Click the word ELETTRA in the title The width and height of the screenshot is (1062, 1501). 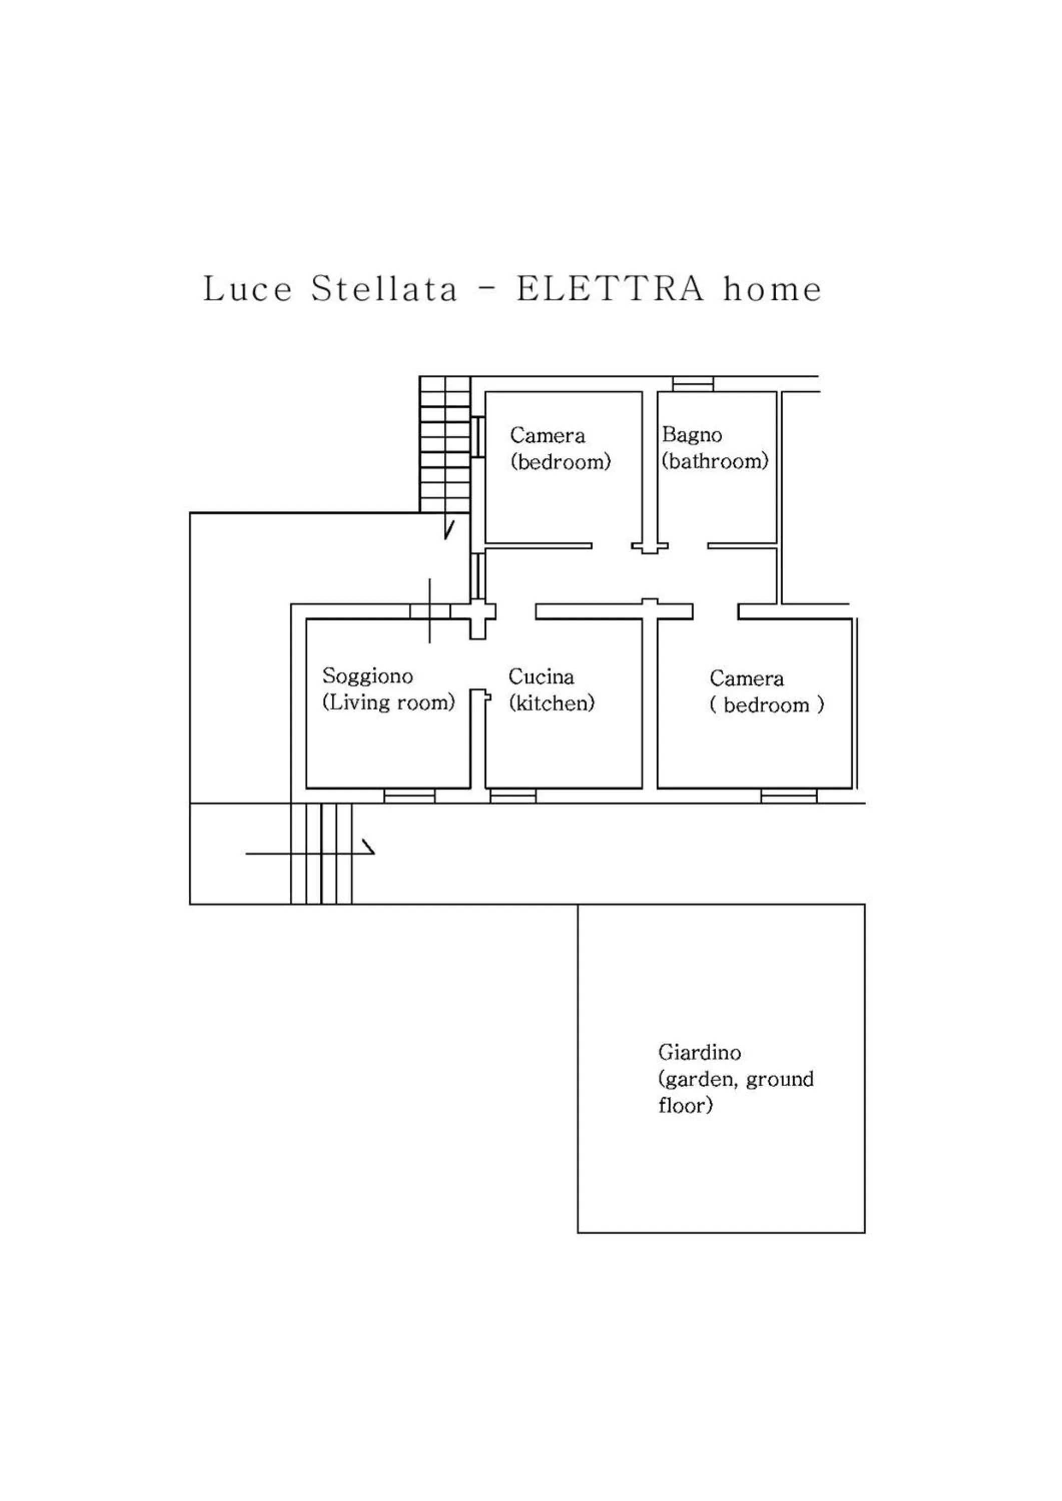[x=611, y=289]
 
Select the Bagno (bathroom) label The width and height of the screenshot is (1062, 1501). [x=714, y=448]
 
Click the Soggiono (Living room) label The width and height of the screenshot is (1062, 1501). [x=388, y=689]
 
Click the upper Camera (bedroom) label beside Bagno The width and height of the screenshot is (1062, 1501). [x=560, y=448]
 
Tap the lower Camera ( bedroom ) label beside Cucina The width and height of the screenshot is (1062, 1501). [x=766, y=691]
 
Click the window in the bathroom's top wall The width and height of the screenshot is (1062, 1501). [x=693, y=384]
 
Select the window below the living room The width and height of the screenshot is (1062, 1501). [x=409, y=796]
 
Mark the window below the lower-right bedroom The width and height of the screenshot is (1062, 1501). [x=789, y=796]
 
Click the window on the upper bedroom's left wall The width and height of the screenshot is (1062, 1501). [x=478, y=437]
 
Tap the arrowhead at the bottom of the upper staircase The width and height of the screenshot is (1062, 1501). [x=448, y=529]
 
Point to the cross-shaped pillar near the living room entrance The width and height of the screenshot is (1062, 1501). [x=478, y=614]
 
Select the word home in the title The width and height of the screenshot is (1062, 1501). [x=772, y=289]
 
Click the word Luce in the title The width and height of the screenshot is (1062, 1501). [x=247, y=289]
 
